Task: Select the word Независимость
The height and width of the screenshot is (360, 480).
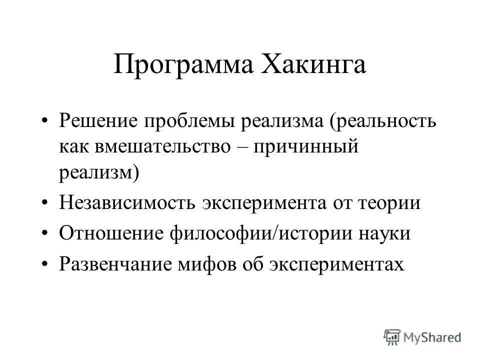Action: pyautogui.click(x=127, y=203)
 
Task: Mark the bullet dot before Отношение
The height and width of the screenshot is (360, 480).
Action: pyautogui.click(x=45, y=233)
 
